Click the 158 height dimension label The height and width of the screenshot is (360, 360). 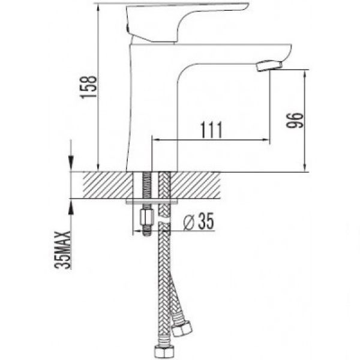point(88,86)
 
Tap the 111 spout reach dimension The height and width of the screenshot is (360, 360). point(212,130)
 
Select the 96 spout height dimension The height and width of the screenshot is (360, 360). point(295,120)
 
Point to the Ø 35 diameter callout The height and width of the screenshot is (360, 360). point(199,221)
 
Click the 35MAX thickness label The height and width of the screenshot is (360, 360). point(62,250)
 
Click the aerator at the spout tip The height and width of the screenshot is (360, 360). point(269,65)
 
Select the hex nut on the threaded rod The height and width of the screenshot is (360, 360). point(146,218)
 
